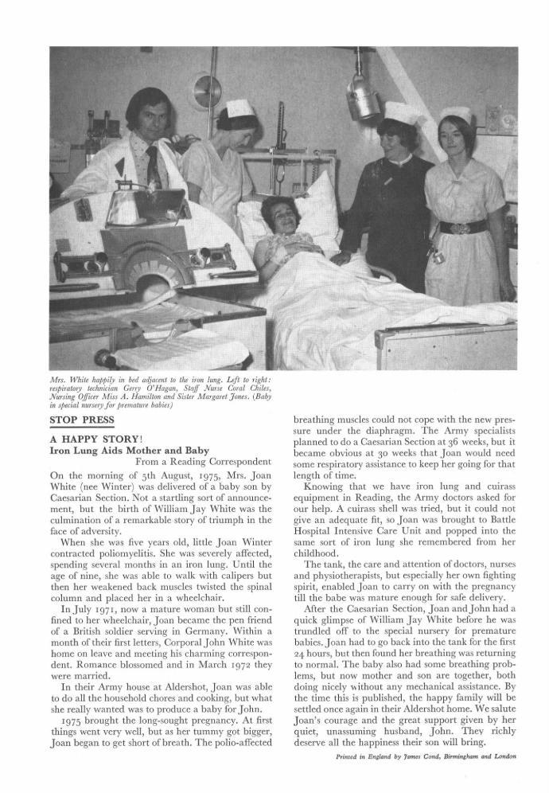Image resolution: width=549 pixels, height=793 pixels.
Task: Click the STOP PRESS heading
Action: coord(83,420)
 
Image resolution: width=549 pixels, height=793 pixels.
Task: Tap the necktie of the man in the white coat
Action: coord(151,162)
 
